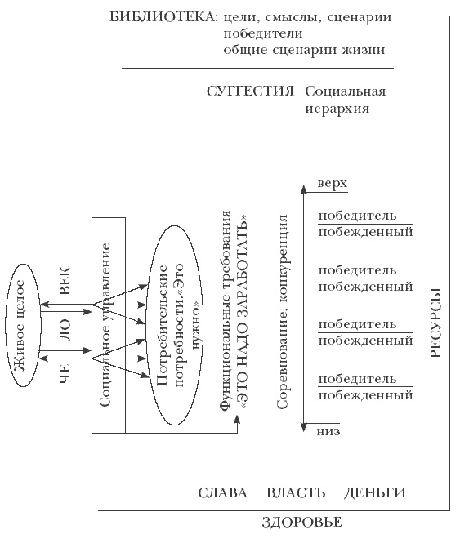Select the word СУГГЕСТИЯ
[x=250, y=91]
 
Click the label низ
[x=328, y=431]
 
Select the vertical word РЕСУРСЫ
[x=435, y=323]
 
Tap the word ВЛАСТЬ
[x=296, y=492]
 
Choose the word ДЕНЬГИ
[x=375, y=492]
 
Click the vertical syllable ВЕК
[x=66, y=280]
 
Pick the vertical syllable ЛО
[x=66, y=327]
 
